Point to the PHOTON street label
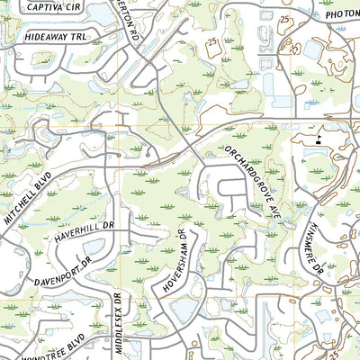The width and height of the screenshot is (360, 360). click(x=341, y=14)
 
